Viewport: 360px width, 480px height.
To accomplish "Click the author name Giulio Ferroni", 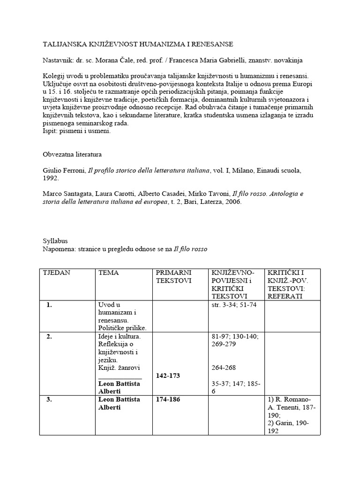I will pyautogui.click(x=63, y=171).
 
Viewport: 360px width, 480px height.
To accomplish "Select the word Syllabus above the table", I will pyautogui.click(x=55, y=241).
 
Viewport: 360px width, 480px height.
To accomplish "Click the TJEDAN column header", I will pyautogui.click(x=57, y=273).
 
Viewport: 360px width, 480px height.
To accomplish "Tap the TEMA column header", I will pyautogui.click(x=109, y=273).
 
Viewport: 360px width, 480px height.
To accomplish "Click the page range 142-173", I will pyautogui.click(x=168, y=376).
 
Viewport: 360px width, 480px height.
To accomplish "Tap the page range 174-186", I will pyautogui.click(x=168, y=399).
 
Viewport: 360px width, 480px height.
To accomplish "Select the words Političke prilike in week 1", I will pyautogui.click(x=122, y=328).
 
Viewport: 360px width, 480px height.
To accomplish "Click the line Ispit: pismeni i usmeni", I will pyautogui.click(x=77, y=131).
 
